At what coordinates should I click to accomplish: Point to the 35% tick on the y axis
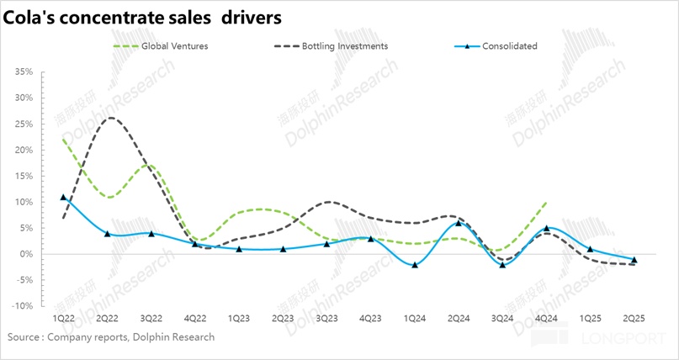(23, 72)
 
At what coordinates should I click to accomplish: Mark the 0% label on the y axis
(25, 254)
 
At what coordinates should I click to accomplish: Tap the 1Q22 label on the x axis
(63, 320)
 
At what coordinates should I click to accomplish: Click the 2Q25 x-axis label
(634, 320)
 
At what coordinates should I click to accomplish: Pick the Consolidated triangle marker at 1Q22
(63, 197)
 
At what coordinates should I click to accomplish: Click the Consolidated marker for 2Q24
(459, 223)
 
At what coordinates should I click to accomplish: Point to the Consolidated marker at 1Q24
(415, 264)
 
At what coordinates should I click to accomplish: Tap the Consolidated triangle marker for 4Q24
(546, 228)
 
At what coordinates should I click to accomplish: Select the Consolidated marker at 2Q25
(634, 259)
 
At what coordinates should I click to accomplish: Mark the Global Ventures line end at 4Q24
(546, 202)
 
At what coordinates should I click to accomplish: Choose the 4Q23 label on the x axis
(370, 320)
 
